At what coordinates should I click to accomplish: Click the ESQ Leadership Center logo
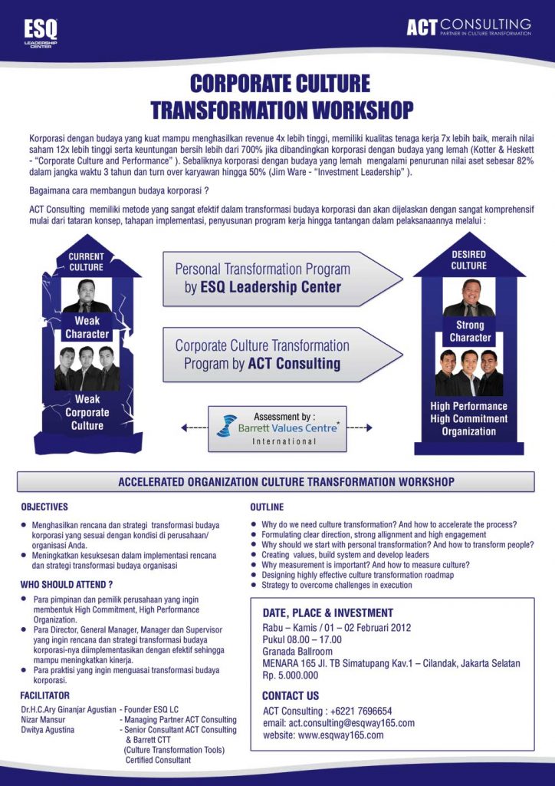[41, 31]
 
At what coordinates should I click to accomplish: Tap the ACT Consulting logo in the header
[468, 28]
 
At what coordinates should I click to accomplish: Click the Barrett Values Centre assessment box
[277, 428]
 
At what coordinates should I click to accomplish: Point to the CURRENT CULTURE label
[86, 262]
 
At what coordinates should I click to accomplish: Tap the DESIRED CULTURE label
[468, 260]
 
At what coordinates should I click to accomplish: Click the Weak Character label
[87, 328]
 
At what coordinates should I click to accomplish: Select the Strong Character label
[470, 332]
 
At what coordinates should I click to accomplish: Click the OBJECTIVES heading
[44, 507]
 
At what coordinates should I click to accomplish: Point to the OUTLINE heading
[267, 507]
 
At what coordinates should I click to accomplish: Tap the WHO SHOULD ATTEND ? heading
[67, 584]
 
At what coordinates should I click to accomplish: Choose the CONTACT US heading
[291, 696]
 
